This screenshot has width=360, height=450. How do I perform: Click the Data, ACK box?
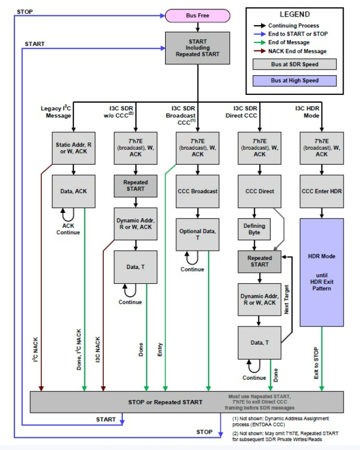[x=73, y=191]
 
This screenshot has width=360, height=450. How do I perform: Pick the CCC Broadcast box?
[x=198, y=191]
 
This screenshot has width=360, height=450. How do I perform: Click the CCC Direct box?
[x=260, y=191]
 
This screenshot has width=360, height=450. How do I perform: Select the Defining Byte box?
[x=254, y=229]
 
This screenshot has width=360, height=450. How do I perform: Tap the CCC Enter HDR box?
[x=322, y=191]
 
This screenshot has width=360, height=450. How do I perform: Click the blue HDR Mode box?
[x=322, y=272]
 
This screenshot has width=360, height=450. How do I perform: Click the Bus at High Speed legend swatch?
[x=295, y=81]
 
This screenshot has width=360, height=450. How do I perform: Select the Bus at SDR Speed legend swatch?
[x=295, y=64]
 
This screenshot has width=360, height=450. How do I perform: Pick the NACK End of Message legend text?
[x=297, y=51]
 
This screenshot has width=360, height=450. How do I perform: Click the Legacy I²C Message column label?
[x=56, y=111]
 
